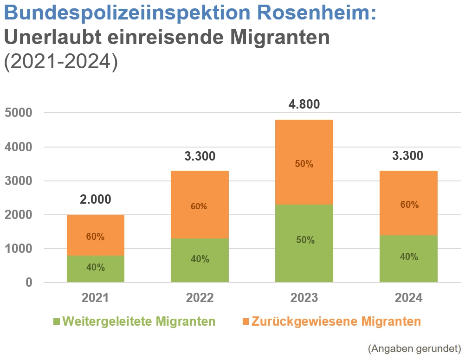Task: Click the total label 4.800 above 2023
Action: tap(304, 104)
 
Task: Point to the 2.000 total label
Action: tap(95, 199)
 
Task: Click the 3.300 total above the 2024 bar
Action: tap(408, 156)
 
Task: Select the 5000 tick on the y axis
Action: tap(19, 113)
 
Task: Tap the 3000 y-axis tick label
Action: tap(19, 181)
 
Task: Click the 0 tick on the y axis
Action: tap(29, 283)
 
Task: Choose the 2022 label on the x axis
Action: tap(200, 298)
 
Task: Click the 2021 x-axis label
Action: tap(95, 298)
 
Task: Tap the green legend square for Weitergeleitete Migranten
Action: tap(57, 321)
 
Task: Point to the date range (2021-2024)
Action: tap(60, 62)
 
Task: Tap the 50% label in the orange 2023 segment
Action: tap(304, 164)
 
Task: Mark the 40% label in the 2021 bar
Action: tap(95, 268)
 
